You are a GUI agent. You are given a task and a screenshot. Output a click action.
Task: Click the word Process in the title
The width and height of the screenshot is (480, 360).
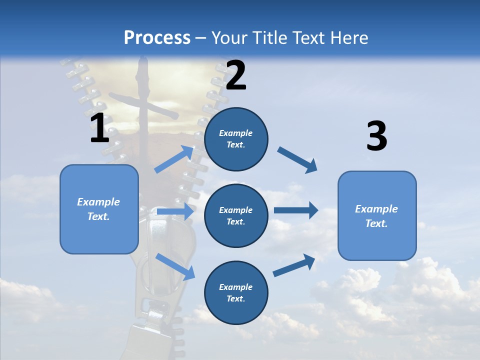tap(157, 38)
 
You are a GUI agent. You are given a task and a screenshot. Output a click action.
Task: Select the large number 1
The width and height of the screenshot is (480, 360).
tap(99, 128)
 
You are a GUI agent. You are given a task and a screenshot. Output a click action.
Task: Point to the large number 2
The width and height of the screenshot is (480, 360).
tap(236, 75)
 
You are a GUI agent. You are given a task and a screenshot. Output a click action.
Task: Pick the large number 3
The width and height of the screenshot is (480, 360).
tap(376, 136)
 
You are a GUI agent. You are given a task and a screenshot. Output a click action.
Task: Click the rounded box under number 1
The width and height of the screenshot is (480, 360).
tap(99, 209)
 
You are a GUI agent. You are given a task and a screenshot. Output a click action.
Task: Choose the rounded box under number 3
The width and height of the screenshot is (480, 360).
tap(377, 215)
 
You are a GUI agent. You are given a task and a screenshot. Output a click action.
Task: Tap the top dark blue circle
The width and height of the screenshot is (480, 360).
tap(236, 139)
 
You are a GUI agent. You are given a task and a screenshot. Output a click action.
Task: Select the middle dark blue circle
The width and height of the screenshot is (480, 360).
tap(236, 215)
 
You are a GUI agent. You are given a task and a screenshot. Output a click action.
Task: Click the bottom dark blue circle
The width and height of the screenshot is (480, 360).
tap(236, 292)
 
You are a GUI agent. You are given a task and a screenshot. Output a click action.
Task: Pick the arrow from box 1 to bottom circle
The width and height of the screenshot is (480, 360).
tap(175, 266)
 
